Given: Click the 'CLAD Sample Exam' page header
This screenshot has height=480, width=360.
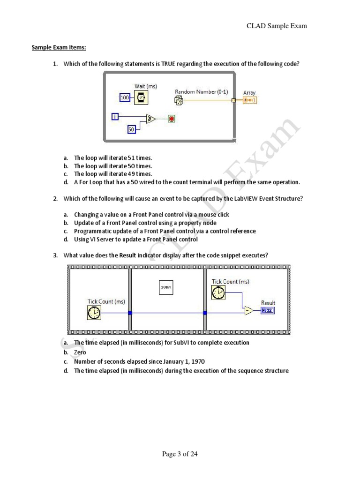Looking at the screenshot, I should [x=277, y=26].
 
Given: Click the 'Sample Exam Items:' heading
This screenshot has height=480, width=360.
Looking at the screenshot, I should [x=59, y=47].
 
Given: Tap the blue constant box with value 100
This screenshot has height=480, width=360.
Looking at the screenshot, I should [x=125, y=97].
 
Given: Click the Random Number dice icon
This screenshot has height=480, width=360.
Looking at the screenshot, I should [x=179, y=99].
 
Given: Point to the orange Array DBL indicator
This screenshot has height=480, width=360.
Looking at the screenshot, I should [x=249, y=100].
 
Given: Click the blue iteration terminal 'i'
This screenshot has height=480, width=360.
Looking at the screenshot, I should [x=115, y=116].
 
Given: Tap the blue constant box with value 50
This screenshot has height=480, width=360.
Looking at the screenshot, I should [x=132, y=129].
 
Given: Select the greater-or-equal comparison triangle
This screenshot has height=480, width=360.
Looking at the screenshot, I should [x=151, y=119].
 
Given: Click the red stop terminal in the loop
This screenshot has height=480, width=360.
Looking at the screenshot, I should [x=171, y=119].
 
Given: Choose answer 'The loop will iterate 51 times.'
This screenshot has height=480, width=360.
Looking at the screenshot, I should [x=113, y=158].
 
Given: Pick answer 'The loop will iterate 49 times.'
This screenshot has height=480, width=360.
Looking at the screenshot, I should [x=113, y=174].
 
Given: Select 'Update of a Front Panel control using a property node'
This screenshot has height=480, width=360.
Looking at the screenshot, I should [x=145, y=223].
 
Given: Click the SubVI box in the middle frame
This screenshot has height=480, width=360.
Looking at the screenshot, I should [x=166, y=286].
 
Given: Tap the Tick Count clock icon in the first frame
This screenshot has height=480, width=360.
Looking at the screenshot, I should [x=94, y=313].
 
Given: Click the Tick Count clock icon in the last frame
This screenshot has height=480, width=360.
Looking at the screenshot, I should [x=218, y=292].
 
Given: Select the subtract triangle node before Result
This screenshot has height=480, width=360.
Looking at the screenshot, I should [x=248, y=310].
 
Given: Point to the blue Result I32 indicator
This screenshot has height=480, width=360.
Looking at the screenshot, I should [x=268, y=310].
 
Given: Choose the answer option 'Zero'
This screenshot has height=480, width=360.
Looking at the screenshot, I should [x=80, y=352].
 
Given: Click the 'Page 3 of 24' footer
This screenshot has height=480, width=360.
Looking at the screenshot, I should [x=180, y=454].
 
